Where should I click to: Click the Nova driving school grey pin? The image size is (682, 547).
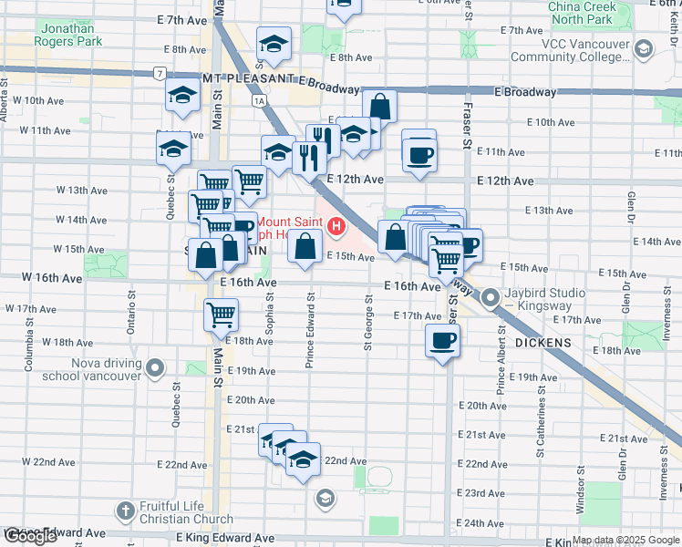(156, 369)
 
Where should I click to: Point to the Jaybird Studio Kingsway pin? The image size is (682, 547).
(491, 297)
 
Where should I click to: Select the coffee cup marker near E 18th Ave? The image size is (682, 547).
(442, 341)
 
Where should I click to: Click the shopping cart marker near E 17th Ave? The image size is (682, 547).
(222, 315)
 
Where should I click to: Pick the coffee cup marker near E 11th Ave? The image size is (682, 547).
(419, 154)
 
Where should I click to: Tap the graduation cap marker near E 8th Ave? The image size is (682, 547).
(273, 44)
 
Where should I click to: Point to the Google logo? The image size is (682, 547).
(30, 536)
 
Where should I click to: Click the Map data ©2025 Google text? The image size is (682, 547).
(625, 540)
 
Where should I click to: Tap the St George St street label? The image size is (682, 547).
(368, 321)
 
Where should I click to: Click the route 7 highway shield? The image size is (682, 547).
(160, 73)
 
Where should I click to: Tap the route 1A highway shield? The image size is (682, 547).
(261, 100)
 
